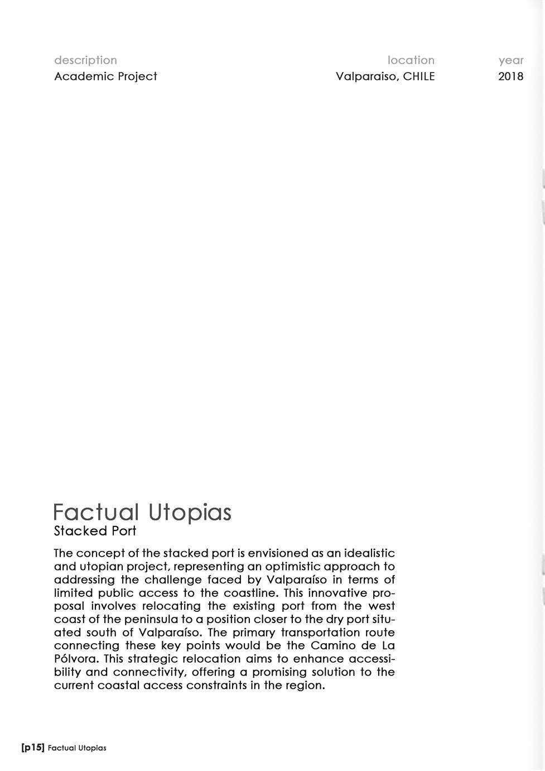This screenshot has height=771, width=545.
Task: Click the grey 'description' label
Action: (85, 60)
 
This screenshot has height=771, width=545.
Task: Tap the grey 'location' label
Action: (411, 60)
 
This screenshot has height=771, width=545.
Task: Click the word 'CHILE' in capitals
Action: (418, 76)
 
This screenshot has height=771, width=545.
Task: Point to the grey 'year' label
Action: (511, 60)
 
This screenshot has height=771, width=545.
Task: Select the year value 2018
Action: (511, 76)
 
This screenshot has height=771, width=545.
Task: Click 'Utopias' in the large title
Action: (190, 513)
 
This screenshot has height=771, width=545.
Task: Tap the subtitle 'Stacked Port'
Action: (95, 531)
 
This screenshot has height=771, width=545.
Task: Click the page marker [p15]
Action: (32, 748)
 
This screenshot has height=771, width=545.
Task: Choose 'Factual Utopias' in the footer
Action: (77, 748)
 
